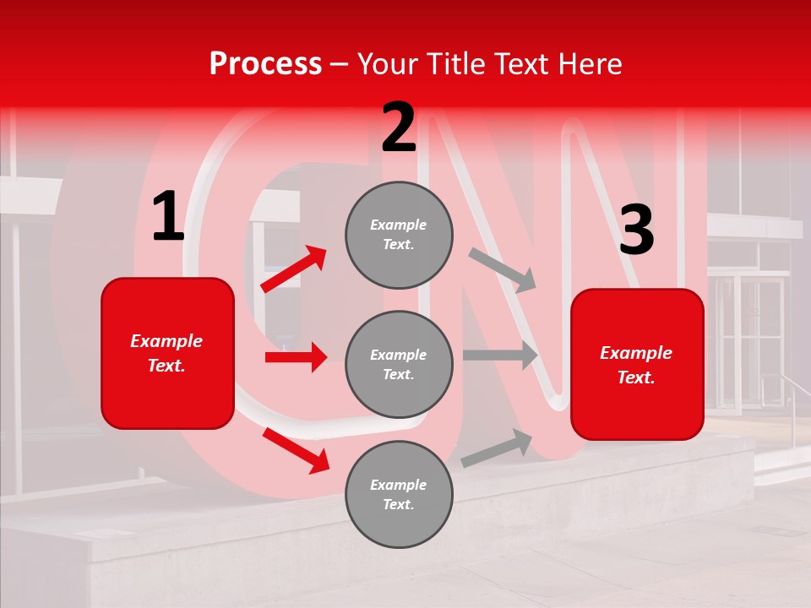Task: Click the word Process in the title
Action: click(x=265, y=64)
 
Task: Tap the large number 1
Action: click(x=167, y=216)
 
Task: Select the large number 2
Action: click(x=399, y=128)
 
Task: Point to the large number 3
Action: click(x=636, y=231)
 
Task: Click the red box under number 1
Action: click(x=167, y=353)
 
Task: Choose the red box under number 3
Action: click(x=637, y=365)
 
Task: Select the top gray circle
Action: click(x=399, y=235)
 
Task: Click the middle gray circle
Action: click(x=399, y=364)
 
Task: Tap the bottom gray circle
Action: click(x=399, y=494)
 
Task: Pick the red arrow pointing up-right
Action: click(x=294, y=269)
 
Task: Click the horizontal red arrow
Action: click(x=296, y=357)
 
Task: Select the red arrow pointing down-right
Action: click(x=296, y=450)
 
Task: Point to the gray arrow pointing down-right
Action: click(x=503, y=269)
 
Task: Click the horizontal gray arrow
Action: click(x=500, y=355)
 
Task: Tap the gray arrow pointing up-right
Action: click(x=497, y=448)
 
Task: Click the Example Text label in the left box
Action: click(x=167, y=353)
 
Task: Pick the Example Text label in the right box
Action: click(x=637, y=365)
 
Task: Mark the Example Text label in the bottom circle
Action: click(x=399, y=494)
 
